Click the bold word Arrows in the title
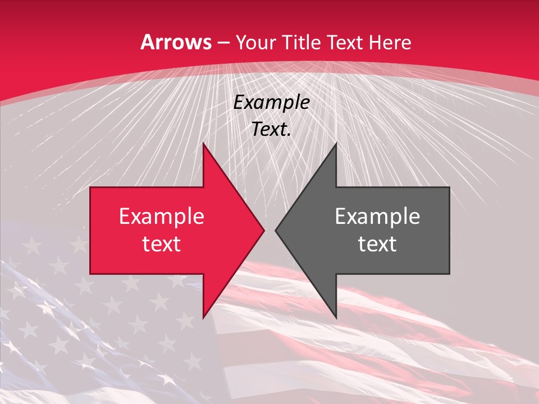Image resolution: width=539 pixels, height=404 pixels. pos(176,42)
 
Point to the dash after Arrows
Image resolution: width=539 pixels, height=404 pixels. pos(223,43)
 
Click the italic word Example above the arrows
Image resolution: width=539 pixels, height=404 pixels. pos(272,103)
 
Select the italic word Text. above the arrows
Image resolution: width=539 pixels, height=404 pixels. pos(272,130)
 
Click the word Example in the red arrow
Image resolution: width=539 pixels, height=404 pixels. pos(162,217)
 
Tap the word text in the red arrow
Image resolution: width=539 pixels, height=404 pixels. pos(162,244)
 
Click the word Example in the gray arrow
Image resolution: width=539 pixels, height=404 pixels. pos(377,217)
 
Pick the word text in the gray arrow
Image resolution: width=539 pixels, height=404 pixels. pos(377,244)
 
